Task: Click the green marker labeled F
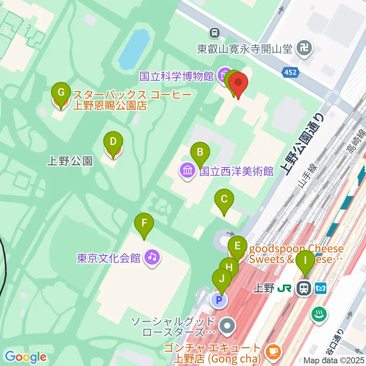point(144,223)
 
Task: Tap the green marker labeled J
point(222,278)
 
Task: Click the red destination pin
point(238,83)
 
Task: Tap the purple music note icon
point(152,258)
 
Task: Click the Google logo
point(26,357)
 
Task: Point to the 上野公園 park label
point(69,161)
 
